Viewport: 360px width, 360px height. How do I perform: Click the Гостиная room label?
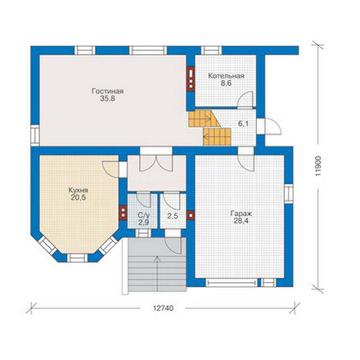point(107,91)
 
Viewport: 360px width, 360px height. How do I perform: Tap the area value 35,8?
point(107,99)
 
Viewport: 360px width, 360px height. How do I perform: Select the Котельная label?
point(226,76)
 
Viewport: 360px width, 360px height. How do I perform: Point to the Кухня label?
point(79,190)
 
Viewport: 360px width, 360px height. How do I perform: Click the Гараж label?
point(241,214)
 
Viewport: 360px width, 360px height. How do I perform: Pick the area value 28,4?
point(241,221)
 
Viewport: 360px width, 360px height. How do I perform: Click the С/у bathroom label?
point(143,215)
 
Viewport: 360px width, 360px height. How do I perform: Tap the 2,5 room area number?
point(173,216)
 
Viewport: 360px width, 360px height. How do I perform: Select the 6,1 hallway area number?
point(243,124)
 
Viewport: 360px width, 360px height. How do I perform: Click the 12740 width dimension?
point(163,308)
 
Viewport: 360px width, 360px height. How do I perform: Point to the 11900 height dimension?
point(318,166)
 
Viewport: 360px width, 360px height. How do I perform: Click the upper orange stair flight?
point(204,119)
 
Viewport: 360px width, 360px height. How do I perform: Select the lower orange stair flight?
point(217,137)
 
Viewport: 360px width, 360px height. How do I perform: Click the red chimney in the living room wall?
point(191,78)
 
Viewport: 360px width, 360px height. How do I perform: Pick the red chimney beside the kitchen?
point(124,213)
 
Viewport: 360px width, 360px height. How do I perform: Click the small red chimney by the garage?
point(191,215)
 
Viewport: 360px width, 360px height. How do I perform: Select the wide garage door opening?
point(232,282)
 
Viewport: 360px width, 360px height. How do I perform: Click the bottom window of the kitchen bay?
point(78,258)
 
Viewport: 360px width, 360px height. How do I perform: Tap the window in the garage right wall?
point(289,193)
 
